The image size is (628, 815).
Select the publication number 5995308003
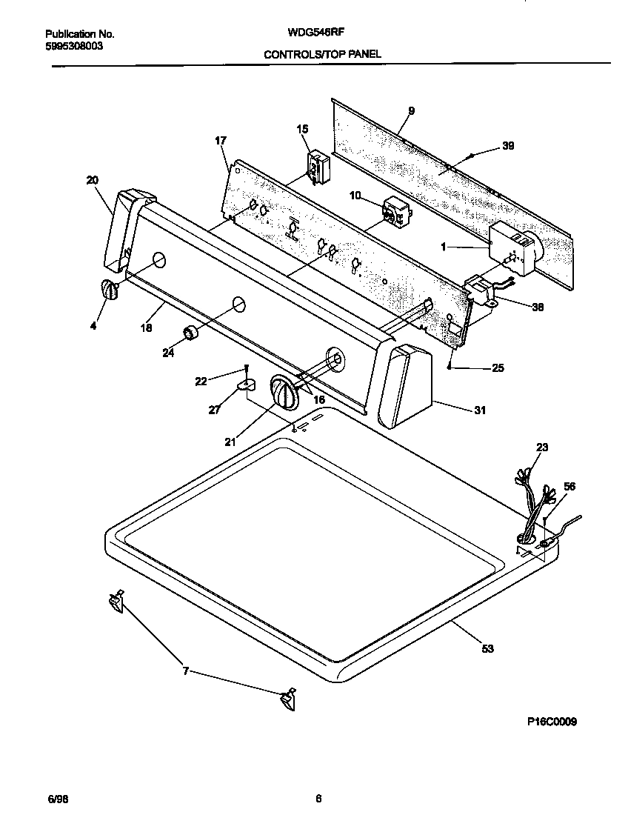tap(74, 45)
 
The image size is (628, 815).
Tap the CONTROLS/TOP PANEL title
tap(323, 55)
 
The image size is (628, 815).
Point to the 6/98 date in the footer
tap(57, 798)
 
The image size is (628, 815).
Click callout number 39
tap(507, 146)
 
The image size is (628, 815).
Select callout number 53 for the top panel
tap(487, 649)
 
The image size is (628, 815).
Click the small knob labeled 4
tap(109, 290)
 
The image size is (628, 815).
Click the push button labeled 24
tap(193, 333)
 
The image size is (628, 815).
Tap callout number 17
tap(220, 140)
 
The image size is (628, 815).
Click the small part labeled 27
tap(246, 384)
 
